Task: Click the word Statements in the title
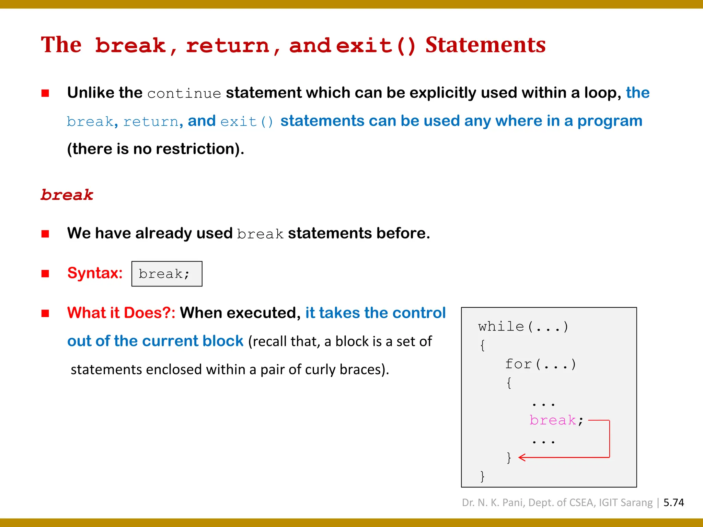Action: (x=485, y=45)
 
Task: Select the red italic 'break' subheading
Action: (x=67, y=195)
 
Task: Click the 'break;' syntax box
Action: (x=167, y=274)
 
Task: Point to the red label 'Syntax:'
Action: (x=95, y=273)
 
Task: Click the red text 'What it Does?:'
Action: (x=121, y=313)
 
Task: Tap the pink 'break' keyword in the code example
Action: (x=552, y=420)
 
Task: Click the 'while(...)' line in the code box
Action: (x=523, y=326)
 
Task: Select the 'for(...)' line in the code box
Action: (x=540, y=364)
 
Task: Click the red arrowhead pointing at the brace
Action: (x=522, y=457)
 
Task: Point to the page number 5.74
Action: (x=673, y=503)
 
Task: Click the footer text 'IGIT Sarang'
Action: (x=625, y=503)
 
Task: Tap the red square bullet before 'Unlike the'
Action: (x=45, y=93)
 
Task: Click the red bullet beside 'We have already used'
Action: (x=45, y=234)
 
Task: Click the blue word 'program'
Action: (x=610, y=121)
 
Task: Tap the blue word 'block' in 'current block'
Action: (x=223, y=341)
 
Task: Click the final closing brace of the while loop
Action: (x=482, y=476)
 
